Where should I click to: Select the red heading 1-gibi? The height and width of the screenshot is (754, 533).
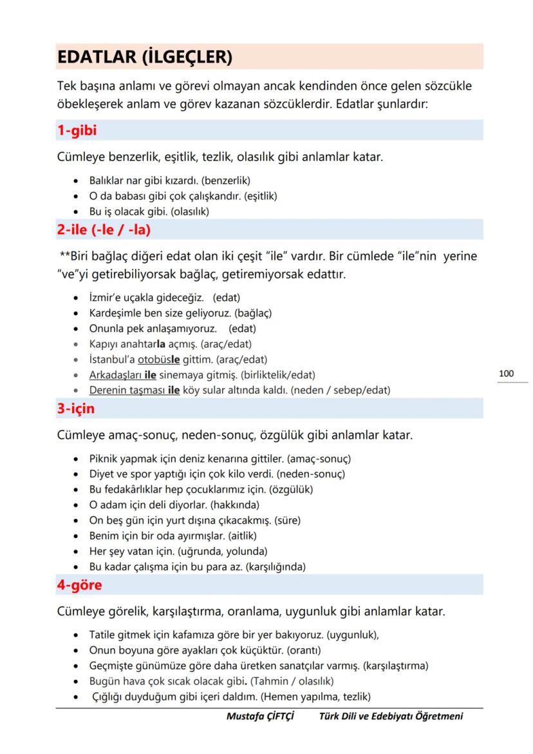pos(77,131)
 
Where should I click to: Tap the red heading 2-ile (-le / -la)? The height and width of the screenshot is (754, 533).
pos(104,229)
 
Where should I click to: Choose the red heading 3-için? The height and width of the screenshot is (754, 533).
pos(76,409)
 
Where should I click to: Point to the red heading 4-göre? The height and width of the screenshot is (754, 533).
pos(80,585)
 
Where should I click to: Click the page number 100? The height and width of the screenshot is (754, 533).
pos(506,374)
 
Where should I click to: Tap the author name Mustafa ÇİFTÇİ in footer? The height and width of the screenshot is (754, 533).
pos(260,717)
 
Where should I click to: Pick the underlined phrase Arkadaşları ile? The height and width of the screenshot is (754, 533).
pos(122,374)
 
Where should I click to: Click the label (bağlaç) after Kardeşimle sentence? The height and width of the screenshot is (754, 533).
pos(253,313)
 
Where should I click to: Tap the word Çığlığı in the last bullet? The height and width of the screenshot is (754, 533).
pos(109,696)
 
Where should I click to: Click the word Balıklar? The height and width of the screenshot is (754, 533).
pos(107,180)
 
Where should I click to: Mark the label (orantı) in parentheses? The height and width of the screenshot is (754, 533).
pos(303,650)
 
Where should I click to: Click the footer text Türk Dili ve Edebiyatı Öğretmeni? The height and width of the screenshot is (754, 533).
pos(391,717)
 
